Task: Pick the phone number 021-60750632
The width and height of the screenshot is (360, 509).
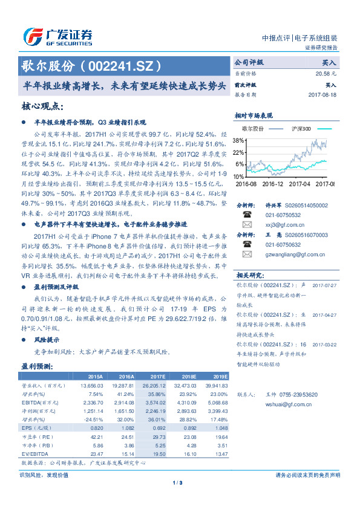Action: [x=283, y=244]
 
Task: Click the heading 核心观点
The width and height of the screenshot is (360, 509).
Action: [x=42, y=106]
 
